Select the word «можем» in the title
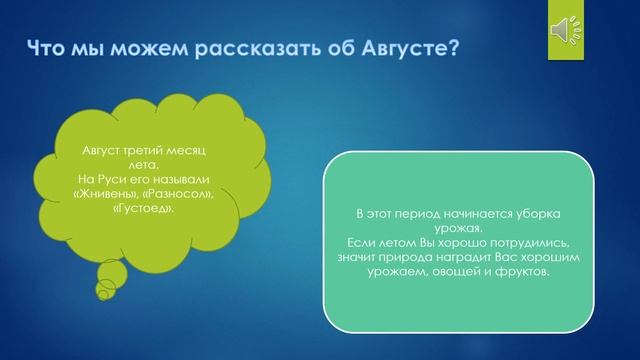click(x=132, y=47)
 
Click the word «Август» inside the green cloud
click(x=100, y=150)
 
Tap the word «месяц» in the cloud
click(x=185, y=150)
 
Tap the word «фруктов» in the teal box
click(x=522, y=271)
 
